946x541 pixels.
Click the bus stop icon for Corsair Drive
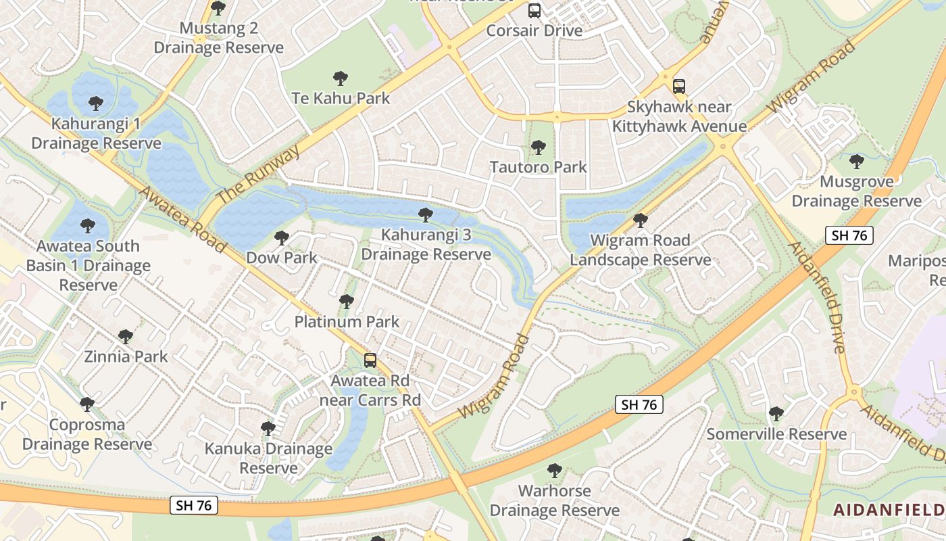pyautogui.click(x=534, y=11)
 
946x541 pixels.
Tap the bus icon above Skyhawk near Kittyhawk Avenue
pyautogui.click(x=679, y=87)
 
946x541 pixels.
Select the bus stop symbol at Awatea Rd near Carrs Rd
pyautogui.click(x=370, y=360)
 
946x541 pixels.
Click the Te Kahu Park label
pyautogui.click(x=341, y=98)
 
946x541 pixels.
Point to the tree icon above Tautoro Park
pyautogui.click(x=539, y=147)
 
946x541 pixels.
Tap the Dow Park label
pyautogui.click(x=282, y=258)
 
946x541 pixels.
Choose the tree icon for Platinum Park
pyautogui.click(x=347, y=302)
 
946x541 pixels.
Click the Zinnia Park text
pyautogui.click(x=126, y=356)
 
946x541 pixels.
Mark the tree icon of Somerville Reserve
pyautogui.click(x=776, y=413)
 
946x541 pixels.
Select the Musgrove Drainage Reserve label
pyautogui.click(x=856, y=191)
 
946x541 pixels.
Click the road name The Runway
pyautogui.click(x=259, y=174)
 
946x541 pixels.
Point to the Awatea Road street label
pyautogui.click(x=182, y=219)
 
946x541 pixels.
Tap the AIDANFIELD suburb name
pyautogui.click(x=889, y=510)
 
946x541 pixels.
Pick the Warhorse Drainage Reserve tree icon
pyautogui.click(x=555, y=471)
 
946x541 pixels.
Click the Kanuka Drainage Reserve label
pyautogui.click(x=269, y=458)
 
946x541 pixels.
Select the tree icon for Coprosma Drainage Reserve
pyautogui.click(x=87, y=404)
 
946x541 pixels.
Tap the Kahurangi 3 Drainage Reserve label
pyautogui.click(x=426, y=244)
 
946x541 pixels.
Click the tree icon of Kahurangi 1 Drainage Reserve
pyautogui.click(x=96, y=103)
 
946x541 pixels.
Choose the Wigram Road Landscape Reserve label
pyautogui.click(x=640, y=250)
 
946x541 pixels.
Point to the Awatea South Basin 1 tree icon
pyautogui.click(x=87, y=226)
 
